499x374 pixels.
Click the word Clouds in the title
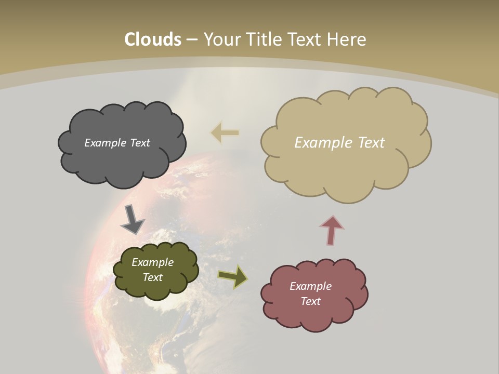pyautogui.click(x=153, y=39)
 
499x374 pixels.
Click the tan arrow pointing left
pyautogui.click(x=225, y=133)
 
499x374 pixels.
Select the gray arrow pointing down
pyautogui.click(x=132, y=219)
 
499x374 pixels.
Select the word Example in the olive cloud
pyautogui.click(x=152, y=262)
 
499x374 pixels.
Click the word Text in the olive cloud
pyautogui.click(x=152, y=277)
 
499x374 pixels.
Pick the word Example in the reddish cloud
pyautogui.click(x=310, y=286)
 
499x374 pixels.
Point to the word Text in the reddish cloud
pyautogui.click(x=310, y=301)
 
